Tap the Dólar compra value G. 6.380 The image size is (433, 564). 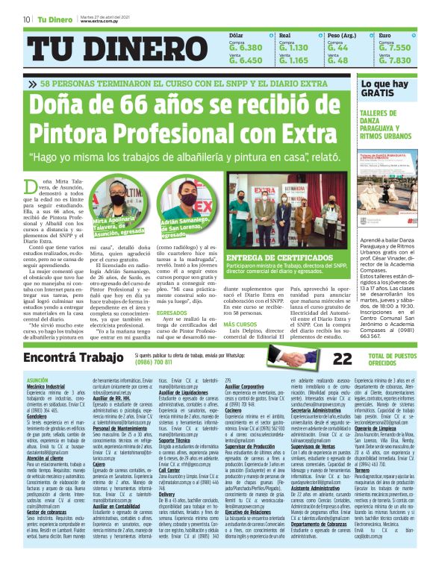point(246,47)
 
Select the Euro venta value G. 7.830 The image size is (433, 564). point(395,60)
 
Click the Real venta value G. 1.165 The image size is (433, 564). point(293,60)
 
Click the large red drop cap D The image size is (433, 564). point(31,187)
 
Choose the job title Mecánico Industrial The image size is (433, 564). point(46,387)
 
